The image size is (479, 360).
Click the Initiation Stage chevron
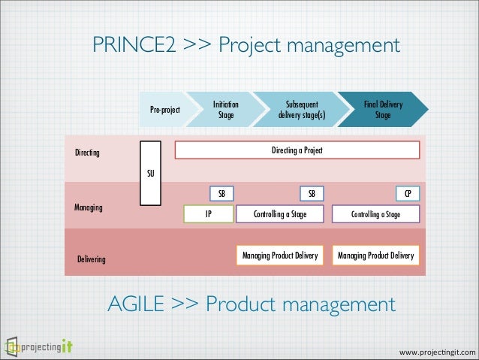click(x=226, y=110)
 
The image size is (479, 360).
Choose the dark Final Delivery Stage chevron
click(x=382, y=110)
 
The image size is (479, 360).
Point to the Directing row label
click(x=88, y=153)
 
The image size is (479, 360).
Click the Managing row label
click(x=89, y=206)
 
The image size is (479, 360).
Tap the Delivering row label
click(x=92, y=259)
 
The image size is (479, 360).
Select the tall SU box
click(x=151, y=173)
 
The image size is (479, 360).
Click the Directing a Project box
click(x=297, y=150)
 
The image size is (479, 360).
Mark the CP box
click(x=408, y=194)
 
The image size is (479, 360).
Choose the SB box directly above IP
click(x=221, y=194)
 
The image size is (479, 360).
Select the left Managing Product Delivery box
click(x=280, y=256)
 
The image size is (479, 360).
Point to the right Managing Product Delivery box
click(x=375, y=256)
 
